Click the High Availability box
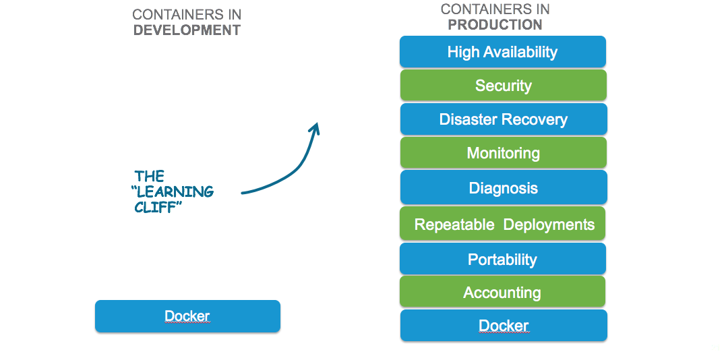point(503,51)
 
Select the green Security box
point(504,85)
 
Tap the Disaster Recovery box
point(504,119)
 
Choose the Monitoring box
point(504,152)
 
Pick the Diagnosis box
point(504,187)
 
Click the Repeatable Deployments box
point(502,224)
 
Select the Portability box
point(503,258)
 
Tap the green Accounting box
point(502,292)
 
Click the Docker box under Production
point(504,325)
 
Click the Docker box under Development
point(187,316)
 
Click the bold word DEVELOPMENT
point(187,30)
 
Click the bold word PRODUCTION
point(495,24)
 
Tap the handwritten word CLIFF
point(156,207)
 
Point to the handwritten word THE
point(150,176)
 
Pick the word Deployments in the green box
point(549,224)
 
